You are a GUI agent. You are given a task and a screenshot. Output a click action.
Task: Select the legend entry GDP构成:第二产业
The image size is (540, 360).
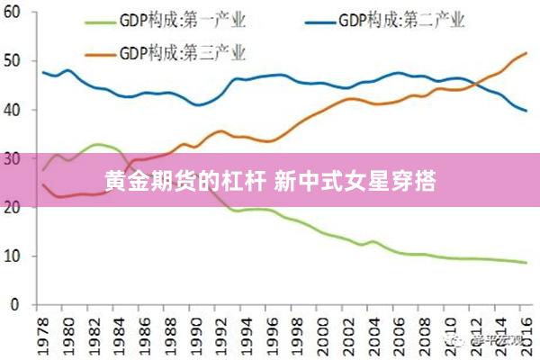click(x=404, y=20)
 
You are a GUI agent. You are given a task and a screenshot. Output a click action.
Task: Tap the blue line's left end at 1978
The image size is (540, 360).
click(x=43, y=72)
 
